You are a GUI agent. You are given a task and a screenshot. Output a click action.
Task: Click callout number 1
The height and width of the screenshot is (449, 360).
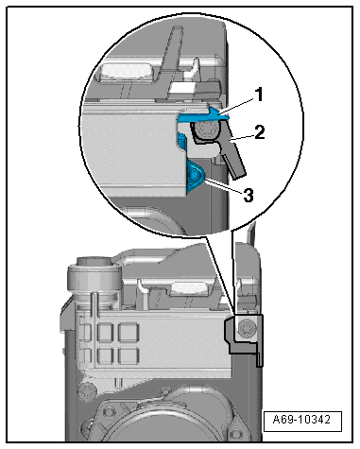tap(259, 95)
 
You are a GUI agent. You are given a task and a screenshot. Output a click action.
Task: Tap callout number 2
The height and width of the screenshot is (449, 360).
tap(260, 132)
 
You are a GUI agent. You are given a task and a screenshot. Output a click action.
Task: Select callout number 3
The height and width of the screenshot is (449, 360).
tap(249, 196)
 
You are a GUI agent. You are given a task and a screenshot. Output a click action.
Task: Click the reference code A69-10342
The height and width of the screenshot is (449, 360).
tap(302, 420)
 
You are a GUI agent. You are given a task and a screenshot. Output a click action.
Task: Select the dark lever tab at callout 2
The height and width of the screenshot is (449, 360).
tap(232, 153)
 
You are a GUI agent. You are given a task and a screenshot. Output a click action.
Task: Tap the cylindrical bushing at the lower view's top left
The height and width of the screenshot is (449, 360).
tap(94, 277)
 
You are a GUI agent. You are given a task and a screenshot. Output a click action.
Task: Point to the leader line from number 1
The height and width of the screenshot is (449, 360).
tap(238, 106)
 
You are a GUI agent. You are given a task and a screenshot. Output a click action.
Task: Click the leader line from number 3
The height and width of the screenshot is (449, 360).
tap(224, 185)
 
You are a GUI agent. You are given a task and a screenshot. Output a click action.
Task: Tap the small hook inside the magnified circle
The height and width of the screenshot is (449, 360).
tap(195, 68)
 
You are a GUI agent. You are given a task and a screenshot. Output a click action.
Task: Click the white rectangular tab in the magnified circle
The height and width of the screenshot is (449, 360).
tap(181, 89)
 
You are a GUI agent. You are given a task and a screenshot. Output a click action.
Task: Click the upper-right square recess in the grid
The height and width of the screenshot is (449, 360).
tap(129, 333)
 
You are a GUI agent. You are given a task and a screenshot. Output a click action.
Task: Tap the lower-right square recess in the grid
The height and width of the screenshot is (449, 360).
tap(129, 356)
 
